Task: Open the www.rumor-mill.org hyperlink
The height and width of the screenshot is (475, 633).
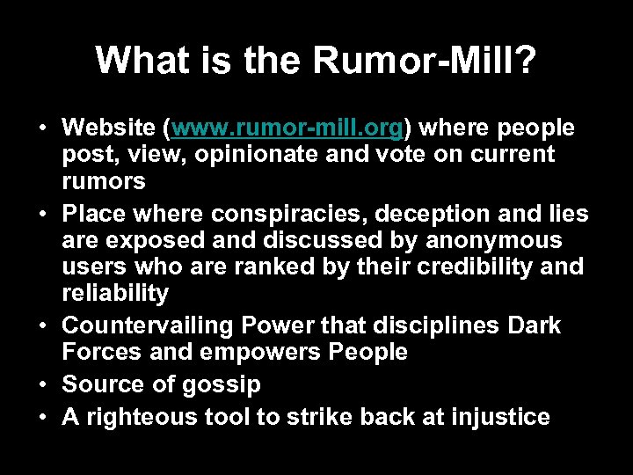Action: point(287,128)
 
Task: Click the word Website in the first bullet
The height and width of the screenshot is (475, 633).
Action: point(110,128)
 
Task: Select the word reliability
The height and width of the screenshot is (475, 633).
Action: point(115,292)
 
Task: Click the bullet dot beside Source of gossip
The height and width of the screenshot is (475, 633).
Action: point(43,384)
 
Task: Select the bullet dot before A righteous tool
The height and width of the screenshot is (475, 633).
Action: point(43,416)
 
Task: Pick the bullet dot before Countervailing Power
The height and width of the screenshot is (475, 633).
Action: point(43,325)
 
